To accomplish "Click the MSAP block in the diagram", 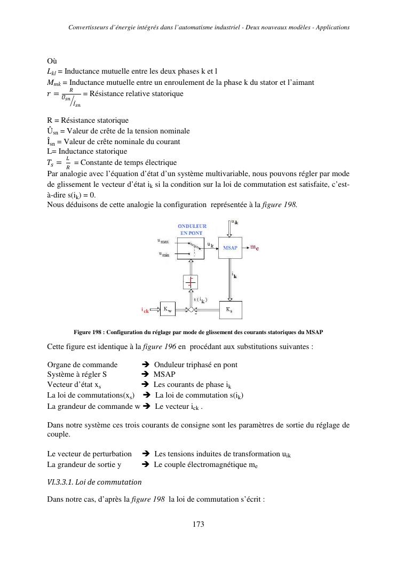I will (x=230, y=248).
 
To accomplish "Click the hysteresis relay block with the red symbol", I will (x=190, y=282).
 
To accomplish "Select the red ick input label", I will (x=145, y=310).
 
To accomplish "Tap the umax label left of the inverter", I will (x=163, y=242).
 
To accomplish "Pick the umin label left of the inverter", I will (x=163, y=254).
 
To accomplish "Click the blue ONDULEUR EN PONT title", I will (x=192, y=229).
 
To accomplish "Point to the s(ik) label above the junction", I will (x=201, y=299).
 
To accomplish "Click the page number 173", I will (x=198, y=524).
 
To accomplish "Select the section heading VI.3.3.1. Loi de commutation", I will (x=94, y=482).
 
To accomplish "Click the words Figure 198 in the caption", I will (x=87, y=333).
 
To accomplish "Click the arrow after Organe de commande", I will (x=145, y=365).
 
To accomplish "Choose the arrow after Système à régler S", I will (x=145, y=374).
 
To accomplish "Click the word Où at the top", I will (x=52, y=61).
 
